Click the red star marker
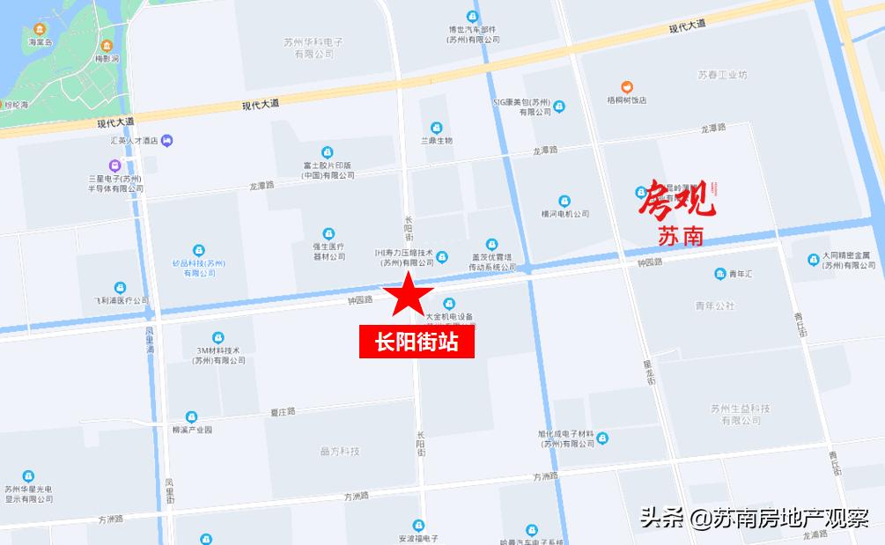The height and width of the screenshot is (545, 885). [x=408, y=295]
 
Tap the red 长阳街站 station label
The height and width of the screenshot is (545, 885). [x=417, y=342]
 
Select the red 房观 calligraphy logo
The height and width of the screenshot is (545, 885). [x=678, y=198]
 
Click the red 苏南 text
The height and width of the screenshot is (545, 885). [x=681, y=235]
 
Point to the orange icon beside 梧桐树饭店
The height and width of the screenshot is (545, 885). [x=626, y=86]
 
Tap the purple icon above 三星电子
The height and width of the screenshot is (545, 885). [x=115, y=165]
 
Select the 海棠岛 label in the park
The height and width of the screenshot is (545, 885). [x=41, y=42]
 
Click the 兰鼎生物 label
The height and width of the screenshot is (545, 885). [x=436, y=141]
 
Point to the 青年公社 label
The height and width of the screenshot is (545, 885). [x=714, y=306]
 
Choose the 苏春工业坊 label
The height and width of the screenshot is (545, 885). [x=722, y=75]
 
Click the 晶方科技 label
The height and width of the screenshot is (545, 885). [x=339, y=452]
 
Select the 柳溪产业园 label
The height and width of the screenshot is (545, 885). [x=193, y=430]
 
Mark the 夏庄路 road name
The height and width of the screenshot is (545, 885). [x=283, y=411]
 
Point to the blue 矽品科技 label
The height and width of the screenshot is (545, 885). [x=199, y=268]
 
